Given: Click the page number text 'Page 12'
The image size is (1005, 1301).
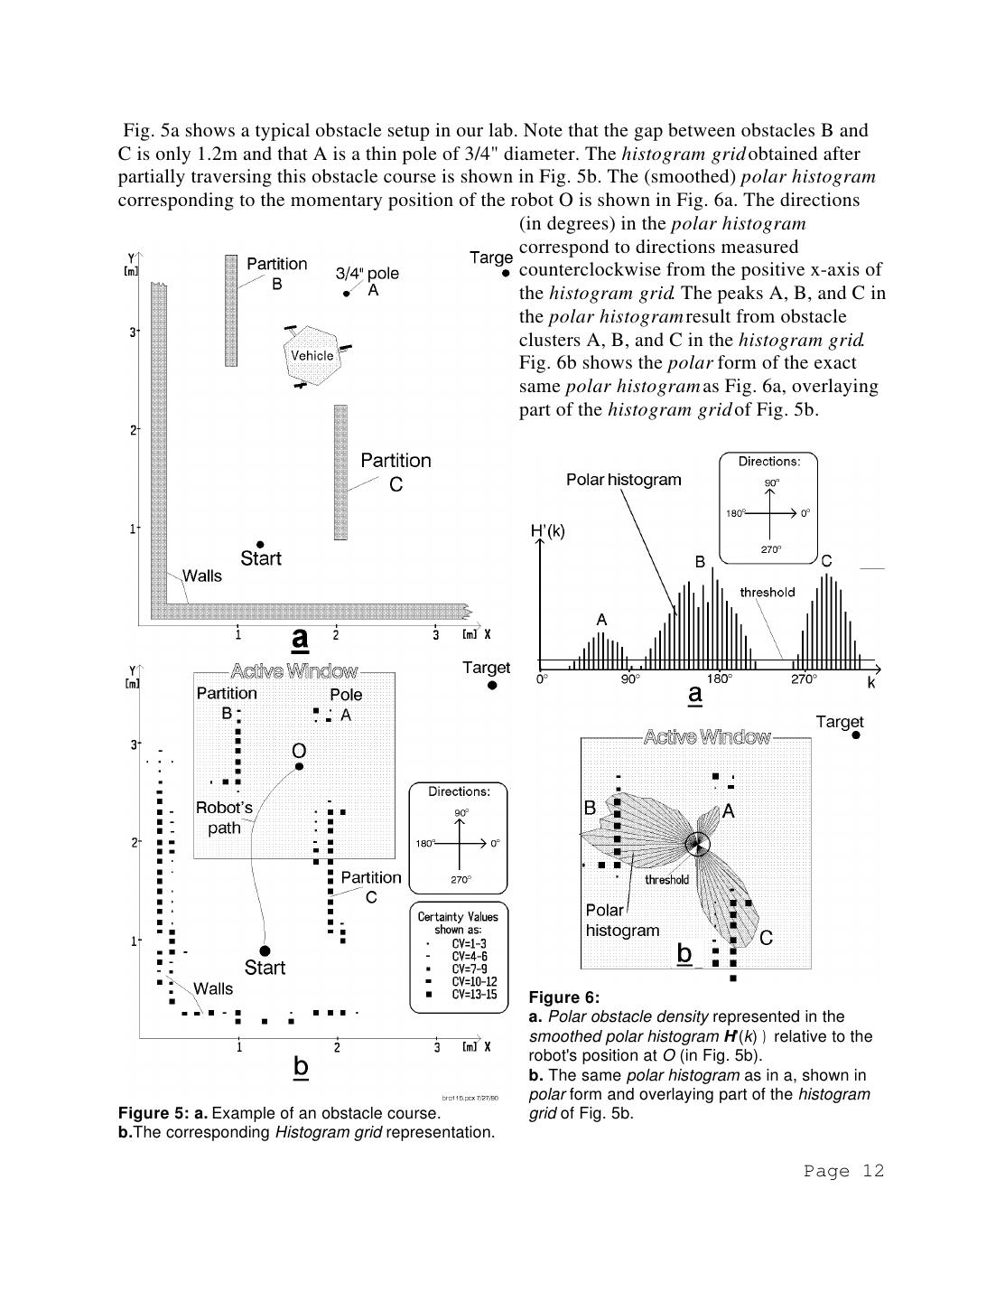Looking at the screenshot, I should click(843, 1171).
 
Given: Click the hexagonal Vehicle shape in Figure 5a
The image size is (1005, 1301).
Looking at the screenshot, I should click(312, 355).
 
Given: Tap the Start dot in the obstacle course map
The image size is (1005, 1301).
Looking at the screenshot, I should click(260, 544).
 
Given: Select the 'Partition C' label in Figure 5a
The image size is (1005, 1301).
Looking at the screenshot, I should click(395, 472).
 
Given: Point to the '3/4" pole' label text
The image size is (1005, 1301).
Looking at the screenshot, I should click(367, 273).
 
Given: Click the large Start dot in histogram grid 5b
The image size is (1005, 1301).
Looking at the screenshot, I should click(265, 950).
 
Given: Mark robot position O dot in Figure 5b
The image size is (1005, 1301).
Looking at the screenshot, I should click(299, 766).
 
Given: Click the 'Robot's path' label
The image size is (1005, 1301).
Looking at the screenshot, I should click(224, 818).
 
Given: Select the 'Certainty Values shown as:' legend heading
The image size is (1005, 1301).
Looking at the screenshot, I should click(457, 922).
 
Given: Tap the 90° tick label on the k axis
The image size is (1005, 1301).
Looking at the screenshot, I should click(629, 679).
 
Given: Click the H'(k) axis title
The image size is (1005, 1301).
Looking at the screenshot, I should click(547, 531).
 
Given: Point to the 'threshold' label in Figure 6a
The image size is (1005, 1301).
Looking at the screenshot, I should click(767, 593).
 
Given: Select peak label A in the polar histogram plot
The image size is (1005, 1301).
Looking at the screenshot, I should click(601, 620).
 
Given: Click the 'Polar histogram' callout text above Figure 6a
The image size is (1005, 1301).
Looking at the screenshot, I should click(623, 480).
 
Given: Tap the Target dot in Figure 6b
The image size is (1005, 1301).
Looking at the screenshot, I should click(856, 735).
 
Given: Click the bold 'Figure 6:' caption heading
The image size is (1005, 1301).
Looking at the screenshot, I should click(564, 997).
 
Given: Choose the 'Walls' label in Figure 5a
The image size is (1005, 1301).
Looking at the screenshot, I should click(201, 576).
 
